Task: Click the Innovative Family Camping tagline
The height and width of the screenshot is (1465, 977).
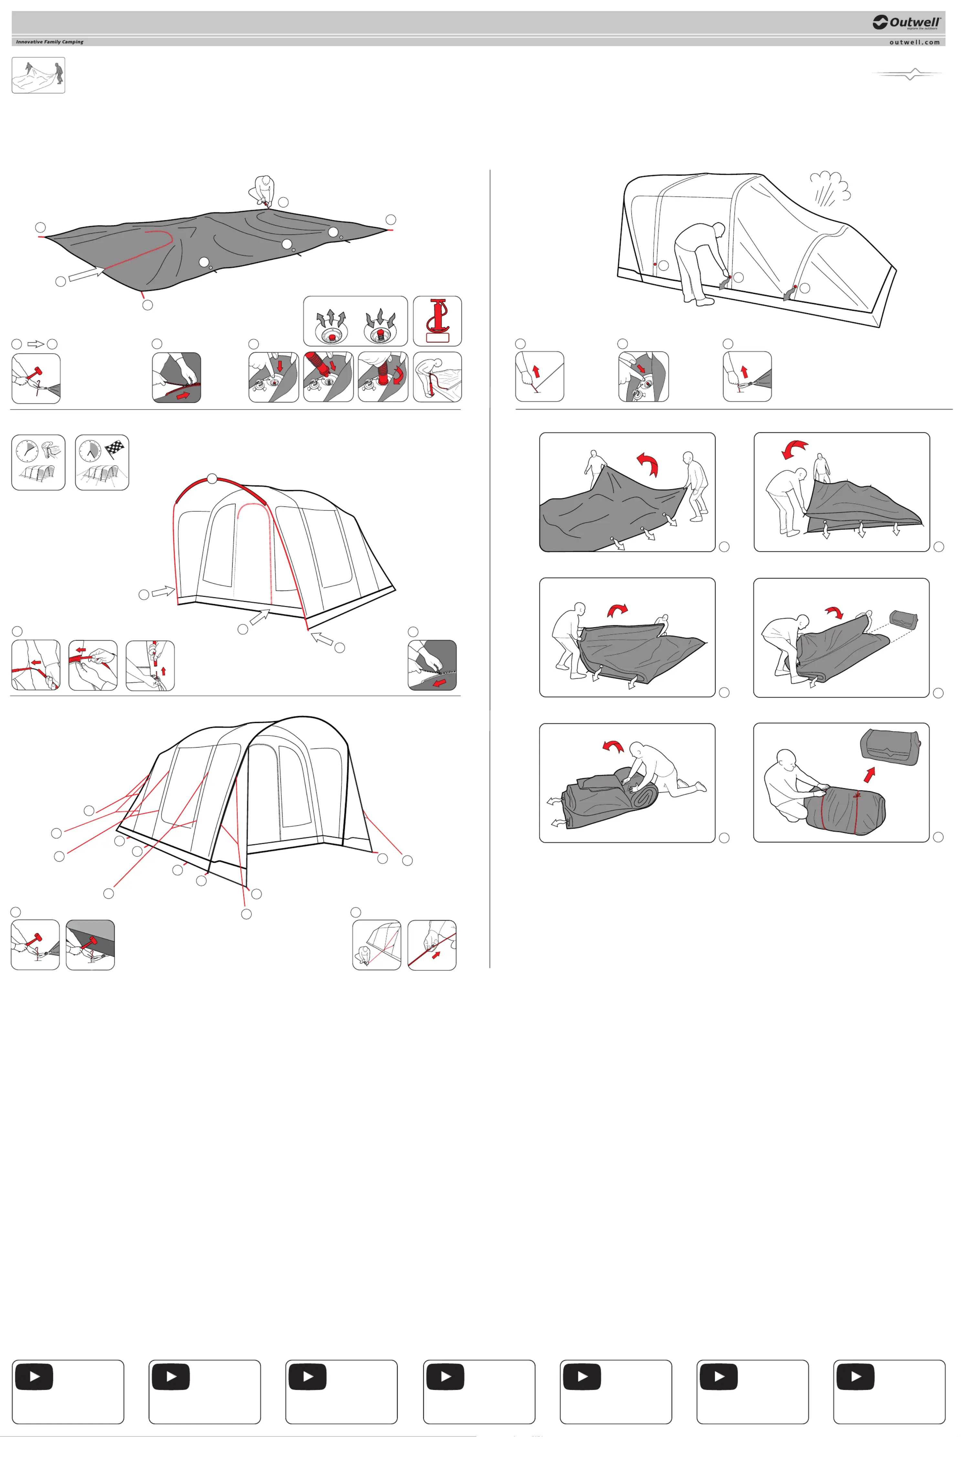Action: click(50, 42)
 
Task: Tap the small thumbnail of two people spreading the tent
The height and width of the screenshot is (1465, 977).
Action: click(38, 75)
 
